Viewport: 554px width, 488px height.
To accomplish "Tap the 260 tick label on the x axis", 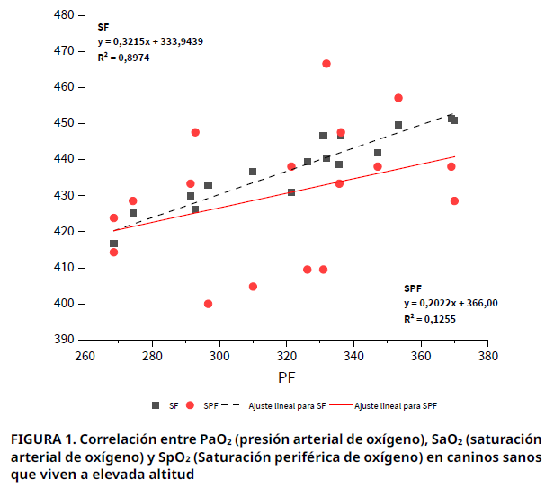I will pyautogui.click(x=85, y=356).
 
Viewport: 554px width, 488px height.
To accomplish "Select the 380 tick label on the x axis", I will pyautogui.click(x=488, y=356).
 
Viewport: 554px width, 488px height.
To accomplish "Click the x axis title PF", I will pyautogui.click(x=286, y=378).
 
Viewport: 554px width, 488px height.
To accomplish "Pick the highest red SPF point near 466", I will pyautogui.click(x=326, y=64).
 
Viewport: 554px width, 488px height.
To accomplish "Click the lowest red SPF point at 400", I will pyautogui.click(x=208, y=304).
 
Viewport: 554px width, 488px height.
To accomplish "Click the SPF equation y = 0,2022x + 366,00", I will pyautogui.click(x=451, y=304).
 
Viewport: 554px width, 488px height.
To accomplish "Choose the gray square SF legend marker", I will pyautogui.click(x=156, y=405).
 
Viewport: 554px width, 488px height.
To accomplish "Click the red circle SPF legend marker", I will pyautogui.click(x=191, y=405).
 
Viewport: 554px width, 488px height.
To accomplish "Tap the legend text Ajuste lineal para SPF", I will pyautogui.click(x=398, y=406).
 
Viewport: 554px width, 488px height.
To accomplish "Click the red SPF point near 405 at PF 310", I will pyautogui.click(x=253, y=287).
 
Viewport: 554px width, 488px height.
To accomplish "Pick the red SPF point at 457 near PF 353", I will pyautogui.click(x=398, y=98).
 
